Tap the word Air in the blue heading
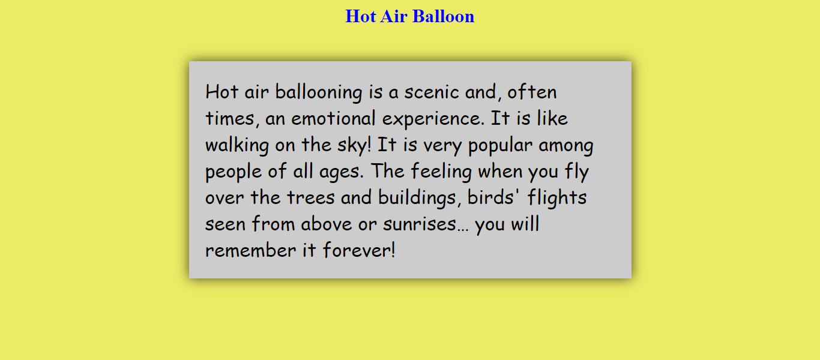coord(394,16)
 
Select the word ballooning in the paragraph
coord(319,92)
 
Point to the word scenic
coord(431,92)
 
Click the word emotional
coord(333,118)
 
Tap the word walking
coord(237,145)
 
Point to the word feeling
coord(441,172)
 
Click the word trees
coord(311,197)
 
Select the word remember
coord(251,250)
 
